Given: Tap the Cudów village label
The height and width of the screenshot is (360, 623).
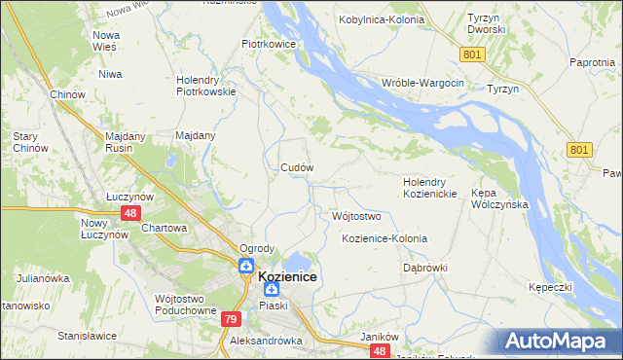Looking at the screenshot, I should tap(297, 167).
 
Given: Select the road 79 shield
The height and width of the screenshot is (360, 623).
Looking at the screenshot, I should tap(231, 319).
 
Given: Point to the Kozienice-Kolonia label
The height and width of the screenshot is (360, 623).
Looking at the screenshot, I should tap(385, 238).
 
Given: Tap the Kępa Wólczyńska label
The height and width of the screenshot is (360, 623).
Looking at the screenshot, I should tap(498, 199).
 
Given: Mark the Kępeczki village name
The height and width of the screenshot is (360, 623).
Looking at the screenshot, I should tap(549, 289).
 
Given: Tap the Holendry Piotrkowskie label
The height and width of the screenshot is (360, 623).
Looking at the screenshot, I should tap(206, 87).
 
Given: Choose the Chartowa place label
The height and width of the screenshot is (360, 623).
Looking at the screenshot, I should tap(164, 228).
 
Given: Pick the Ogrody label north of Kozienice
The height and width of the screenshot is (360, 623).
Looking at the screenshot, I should tap(258, 248).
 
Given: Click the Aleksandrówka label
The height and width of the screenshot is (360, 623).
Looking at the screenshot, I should tap(266, 342).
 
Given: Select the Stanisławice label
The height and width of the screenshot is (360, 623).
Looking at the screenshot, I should tap(87, 336).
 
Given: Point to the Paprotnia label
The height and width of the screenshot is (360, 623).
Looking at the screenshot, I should tap(593, 62).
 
